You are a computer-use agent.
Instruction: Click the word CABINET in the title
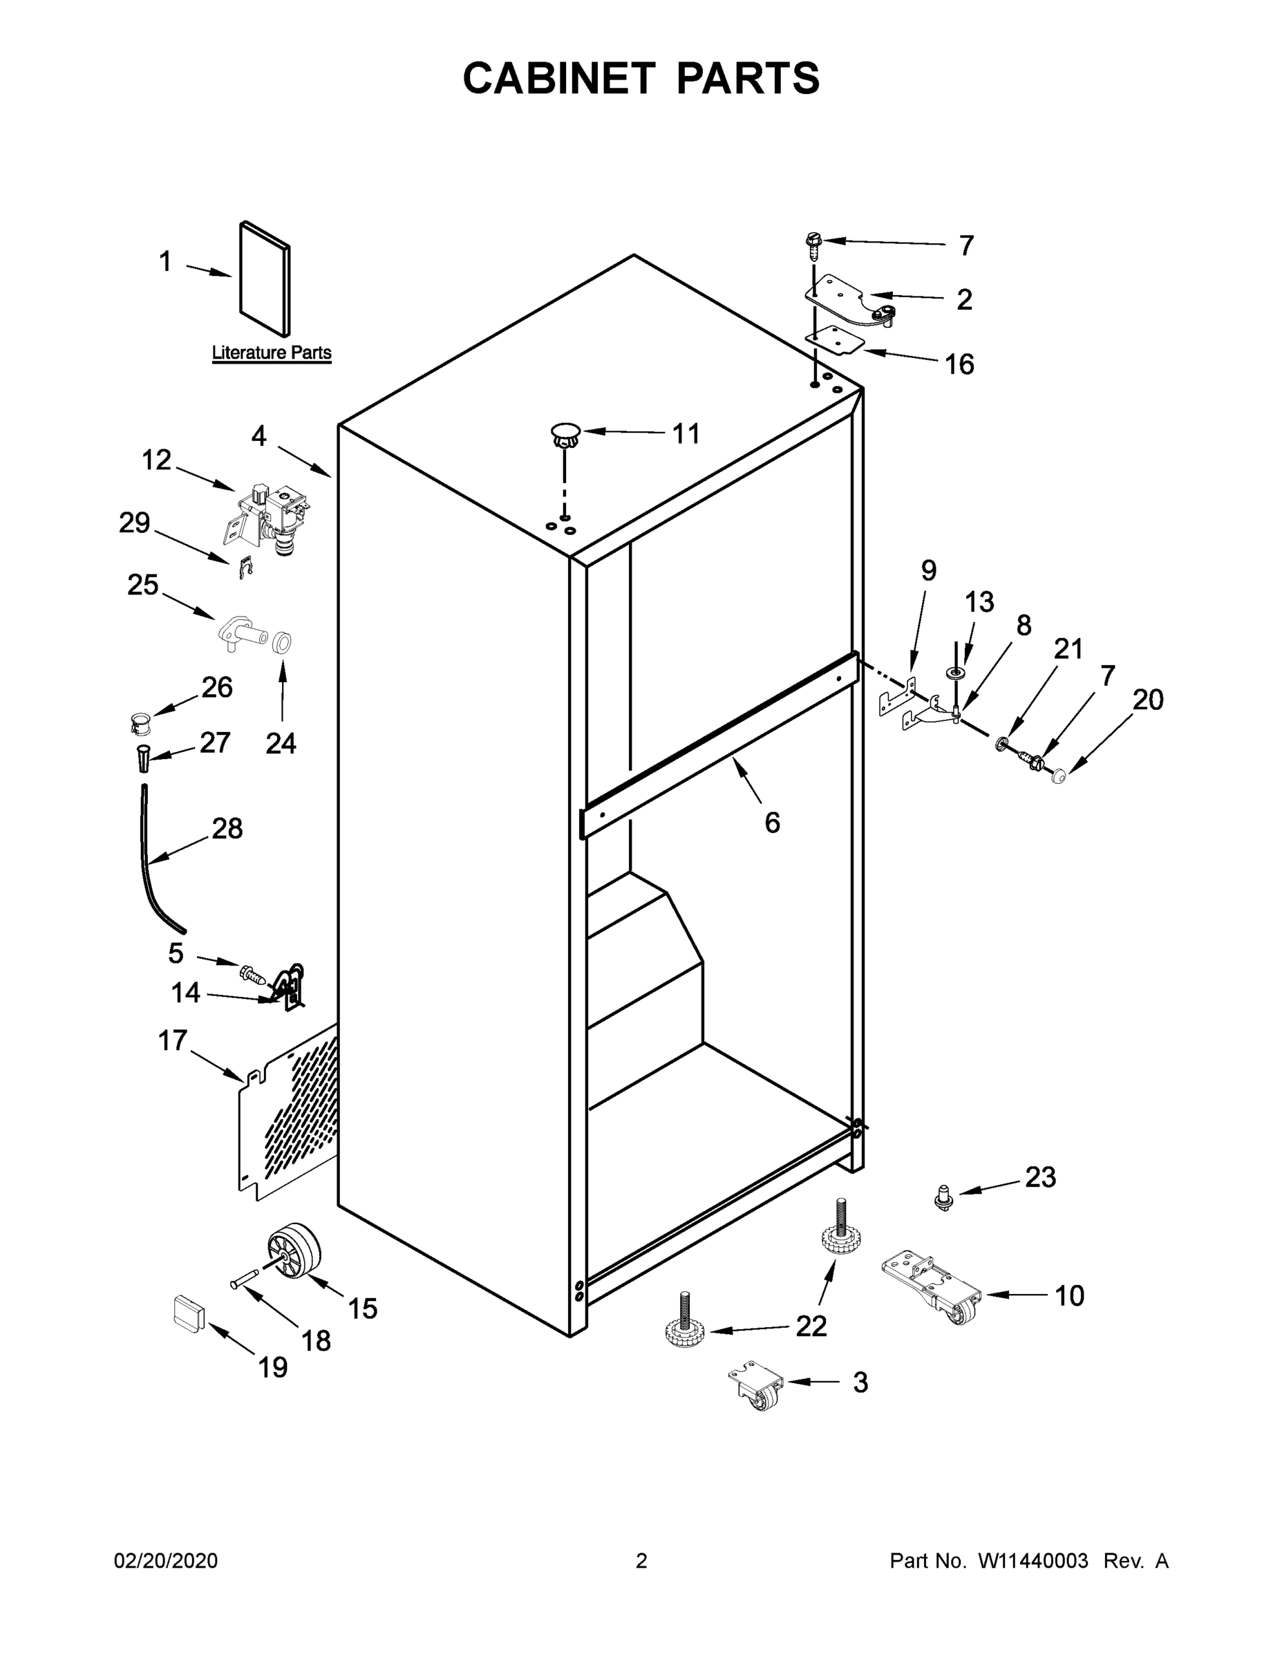[559, 78]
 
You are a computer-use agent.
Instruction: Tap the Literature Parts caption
[271, 353]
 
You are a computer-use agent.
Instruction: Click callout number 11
[686, 433]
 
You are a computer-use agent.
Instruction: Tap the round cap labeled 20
[1058, 776]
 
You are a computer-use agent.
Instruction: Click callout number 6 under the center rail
[772, 822]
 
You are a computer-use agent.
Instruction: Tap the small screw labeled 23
[943, 1199]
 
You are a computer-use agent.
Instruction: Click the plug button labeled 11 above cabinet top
[565, 435]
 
